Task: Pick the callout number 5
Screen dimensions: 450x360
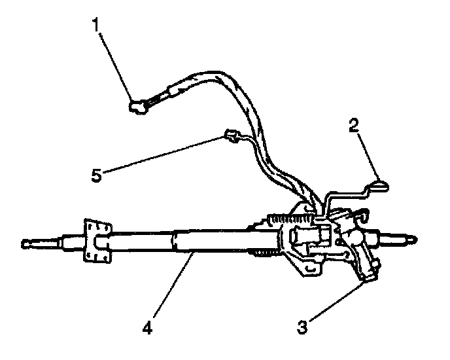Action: (x=97, y=175)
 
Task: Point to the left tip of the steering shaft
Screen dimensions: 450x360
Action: (x=25, y=245)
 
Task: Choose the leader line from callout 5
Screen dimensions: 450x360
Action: (x=164, y=155)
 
